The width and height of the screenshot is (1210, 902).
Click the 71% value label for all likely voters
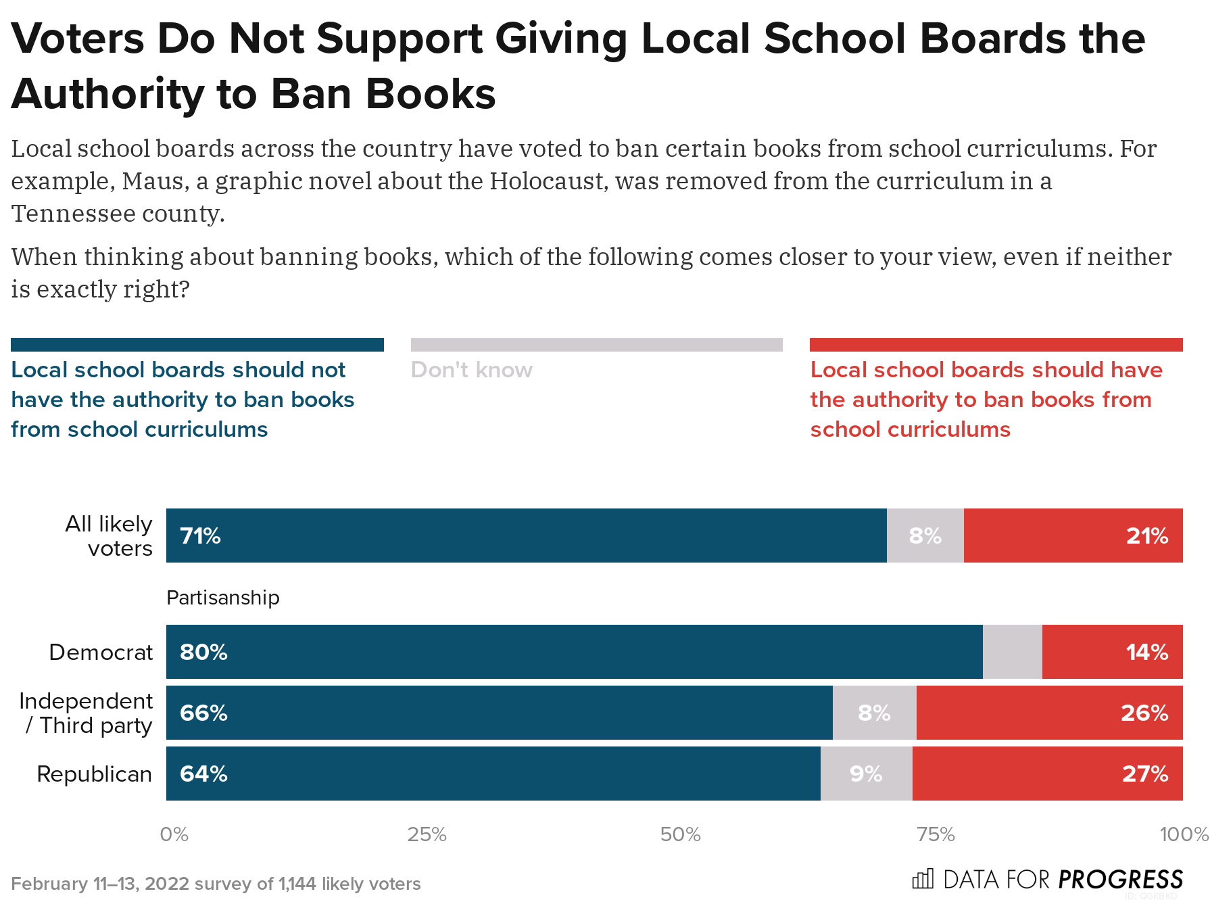click(x=200, y=536)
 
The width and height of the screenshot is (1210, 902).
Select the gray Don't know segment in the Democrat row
click(x=1012, y=652)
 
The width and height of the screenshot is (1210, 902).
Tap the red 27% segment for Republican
click(x=1047, y=774)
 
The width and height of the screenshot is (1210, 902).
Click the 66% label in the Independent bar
click(x=203, y=713)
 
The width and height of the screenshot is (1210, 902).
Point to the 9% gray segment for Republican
click(x=866, y=774)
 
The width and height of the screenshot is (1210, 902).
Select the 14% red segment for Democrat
click(x=1112, y=652)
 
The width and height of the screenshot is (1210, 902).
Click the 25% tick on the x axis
click(x=427, y=834)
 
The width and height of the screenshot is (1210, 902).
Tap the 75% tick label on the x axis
click(x=936, y=834)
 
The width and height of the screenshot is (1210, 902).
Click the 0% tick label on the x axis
click(x=174, y=834)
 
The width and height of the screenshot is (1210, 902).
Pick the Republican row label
click(x=94, y=774)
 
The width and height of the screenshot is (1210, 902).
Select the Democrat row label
click(x=101, y=652)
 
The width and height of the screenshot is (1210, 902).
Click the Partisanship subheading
click(x=222, y=598)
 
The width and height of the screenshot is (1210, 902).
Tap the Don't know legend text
click(x=471, y=370)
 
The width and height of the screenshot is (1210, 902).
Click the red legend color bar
click(x=996, y=345)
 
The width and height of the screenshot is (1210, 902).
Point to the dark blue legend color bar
click(x=197, y=345)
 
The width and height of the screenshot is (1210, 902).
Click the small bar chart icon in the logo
click(x=923, y=878)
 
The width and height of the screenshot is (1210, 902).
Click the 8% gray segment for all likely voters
click(x=925, y=536)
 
